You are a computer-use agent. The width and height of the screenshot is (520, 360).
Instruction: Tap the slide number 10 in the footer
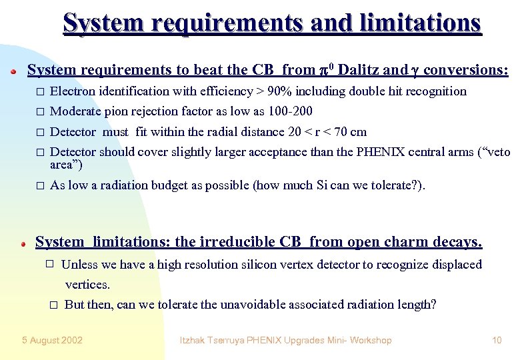point(497,340)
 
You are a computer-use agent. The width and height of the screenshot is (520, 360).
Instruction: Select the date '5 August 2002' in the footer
point(52,340)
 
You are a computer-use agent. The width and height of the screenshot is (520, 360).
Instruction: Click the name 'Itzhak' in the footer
point(195,340)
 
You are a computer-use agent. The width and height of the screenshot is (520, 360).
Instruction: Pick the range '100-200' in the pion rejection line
point(292,111)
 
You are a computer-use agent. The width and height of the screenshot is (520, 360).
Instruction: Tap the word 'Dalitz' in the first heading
point(357,70)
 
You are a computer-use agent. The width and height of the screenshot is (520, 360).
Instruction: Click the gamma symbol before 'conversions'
point(415,71)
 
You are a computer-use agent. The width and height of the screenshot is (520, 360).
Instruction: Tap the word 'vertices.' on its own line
point(87,285)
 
